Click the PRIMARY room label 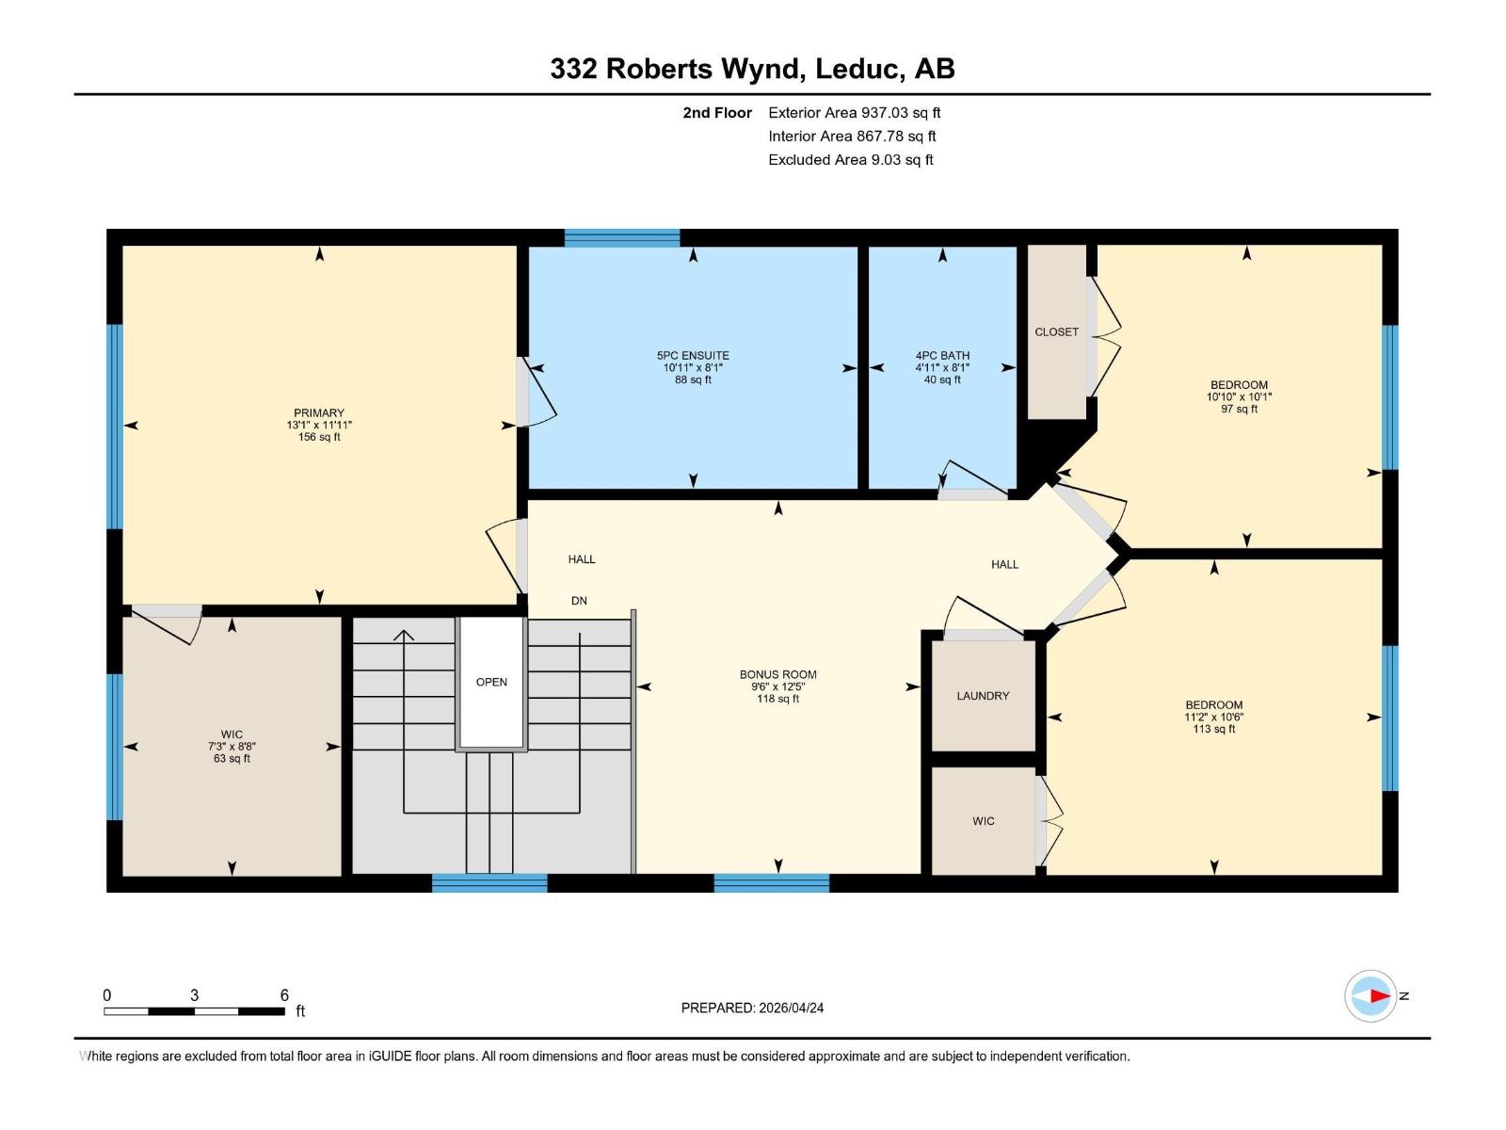319,413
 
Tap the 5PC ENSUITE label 693,355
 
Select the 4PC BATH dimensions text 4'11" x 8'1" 942,368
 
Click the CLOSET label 1057,332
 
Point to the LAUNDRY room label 984,696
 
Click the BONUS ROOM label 778,674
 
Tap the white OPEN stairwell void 492,682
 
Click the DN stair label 579,601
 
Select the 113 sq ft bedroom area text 1213,729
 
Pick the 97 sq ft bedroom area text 1239,409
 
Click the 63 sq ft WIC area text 232,758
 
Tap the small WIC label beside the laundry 984,821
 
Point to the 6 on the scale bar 284,994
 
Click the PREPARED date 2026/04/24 791,1008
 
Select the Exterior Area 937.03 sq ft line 855,112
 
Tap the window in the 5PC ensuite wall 622,237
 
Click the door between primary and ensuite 535,392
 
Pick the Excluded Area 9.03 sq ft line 851,160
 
